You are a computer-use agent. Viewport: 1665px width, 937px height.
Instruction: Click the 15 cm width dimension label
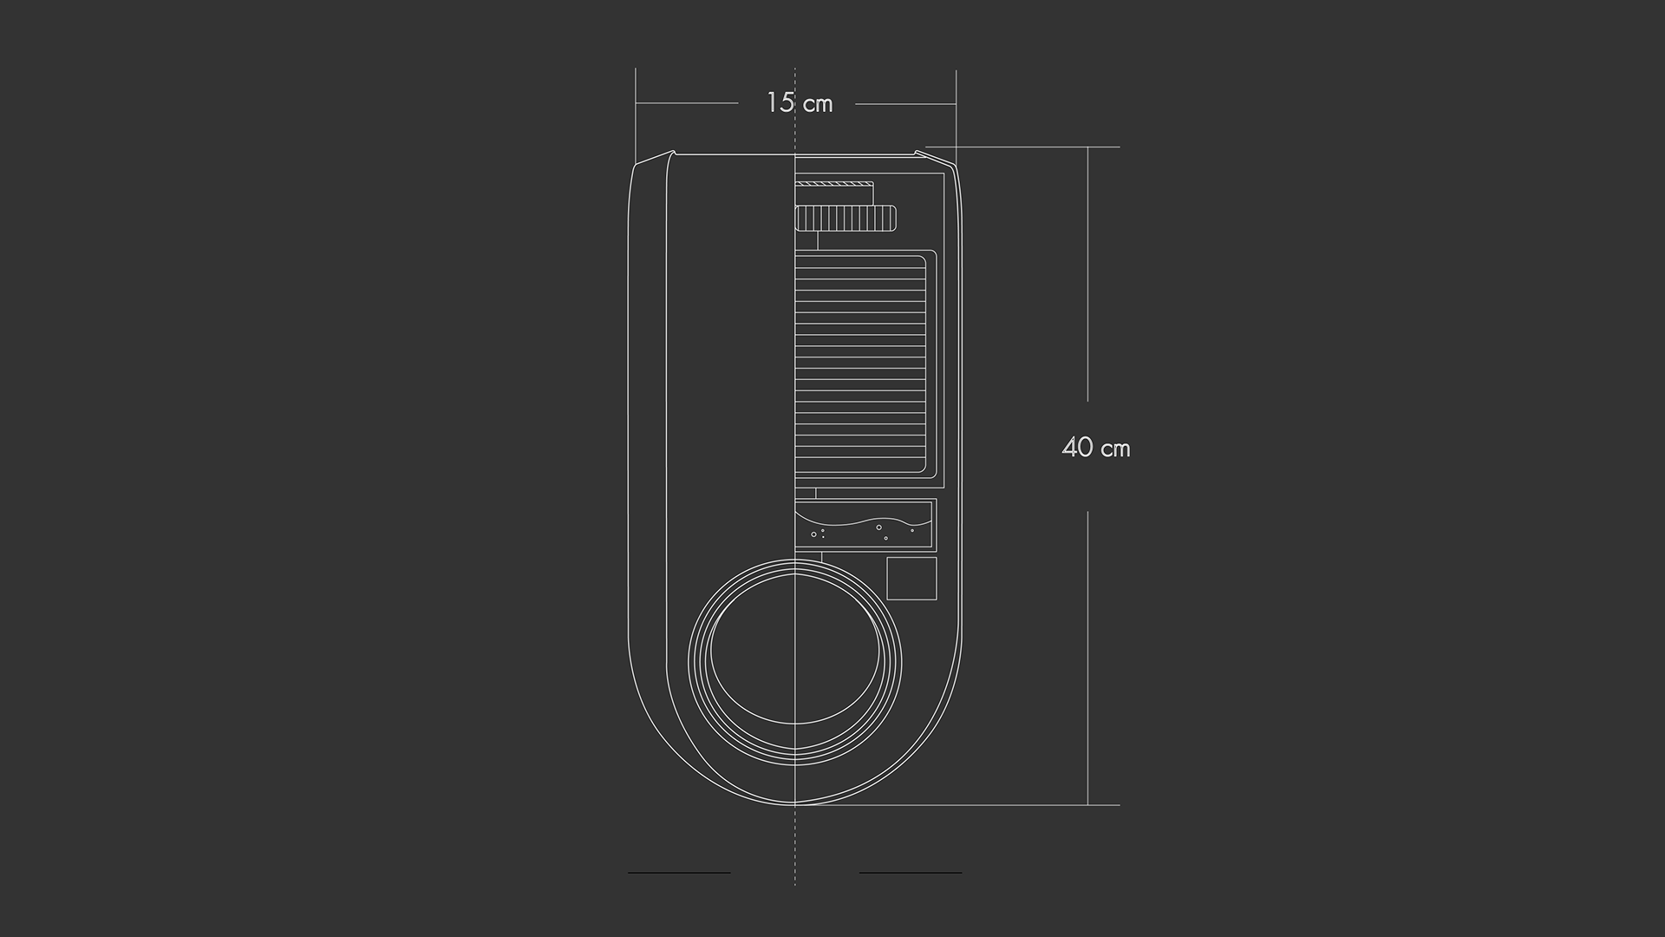800,103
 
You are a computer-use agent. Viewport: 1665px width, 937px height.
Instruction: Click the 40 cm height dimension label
1096,448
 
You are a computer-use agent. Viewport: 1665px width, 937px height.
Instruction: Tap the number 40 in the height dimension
1077,448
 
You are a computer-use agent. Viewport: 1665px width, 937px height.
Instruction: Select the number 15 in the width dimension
780,102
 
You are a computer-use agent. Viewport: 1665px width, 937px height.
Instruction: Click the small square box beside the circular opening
911,579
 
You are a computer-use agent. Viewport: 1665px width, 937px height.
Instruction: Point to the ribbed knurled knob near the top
846,219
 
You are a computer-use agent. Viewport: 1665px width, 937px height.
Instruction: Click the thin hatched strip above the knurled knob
834,184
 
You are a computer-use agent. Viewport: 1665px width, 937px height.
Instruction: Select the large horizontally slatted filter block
865,367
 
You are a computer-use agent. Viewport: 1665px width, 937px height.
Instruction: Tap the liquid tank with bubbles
865,526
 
